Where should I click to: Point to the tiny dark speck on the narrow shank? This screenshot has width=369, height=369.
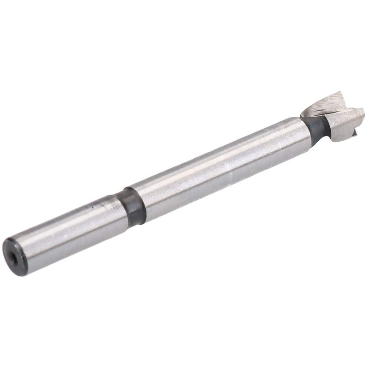[x=95, y=208]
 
